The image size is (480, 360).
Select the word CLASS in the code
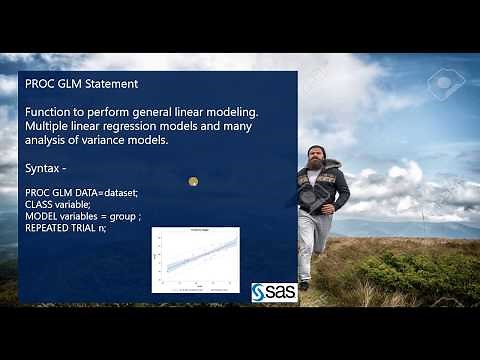[38, 203]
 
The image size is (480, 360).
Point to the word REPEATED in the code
[49, 228]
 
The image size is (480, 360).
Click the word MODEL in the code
[40, 215]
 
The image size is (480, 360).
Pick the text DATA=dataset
[109, 191]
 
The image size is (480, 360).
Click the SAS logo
[273, 291]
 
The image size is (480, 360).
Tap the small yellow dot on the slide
[193, 181]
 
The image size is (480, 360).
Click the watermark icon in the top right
[446, 83]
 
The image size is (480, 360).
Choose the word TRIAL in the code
[88, 228]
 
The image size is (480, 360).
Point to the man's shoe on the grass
[303, 285]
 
